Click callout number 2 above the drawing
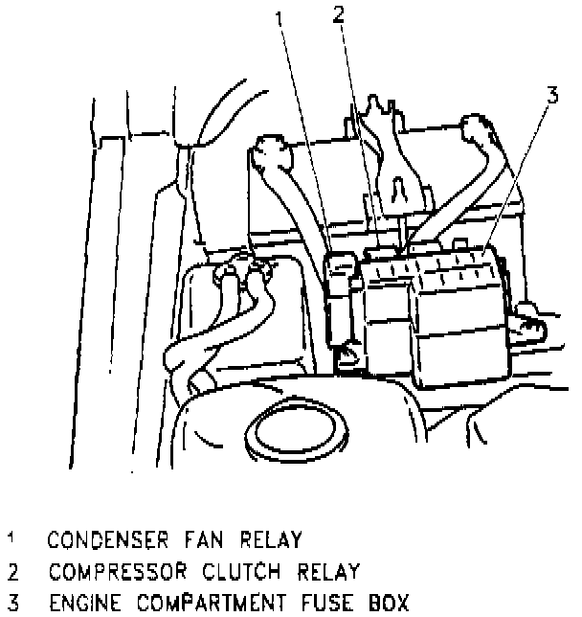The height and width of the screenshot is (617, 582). tap(337, 13)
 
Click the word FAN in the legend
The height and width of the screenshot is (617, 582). tap(191, 538)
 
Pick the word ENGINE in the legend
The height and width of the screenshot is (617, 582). tap(79, 604)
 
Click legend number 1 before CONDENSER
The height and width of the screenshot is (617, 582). tap(11, 538)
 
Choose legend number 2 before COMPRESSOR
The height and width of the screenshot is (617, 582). tap(11, 572)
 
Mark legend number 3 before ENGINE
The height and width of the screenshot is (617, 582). tap(11, 604)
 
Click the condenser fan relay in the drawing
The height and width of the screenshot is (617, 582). tap(339, 297)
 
